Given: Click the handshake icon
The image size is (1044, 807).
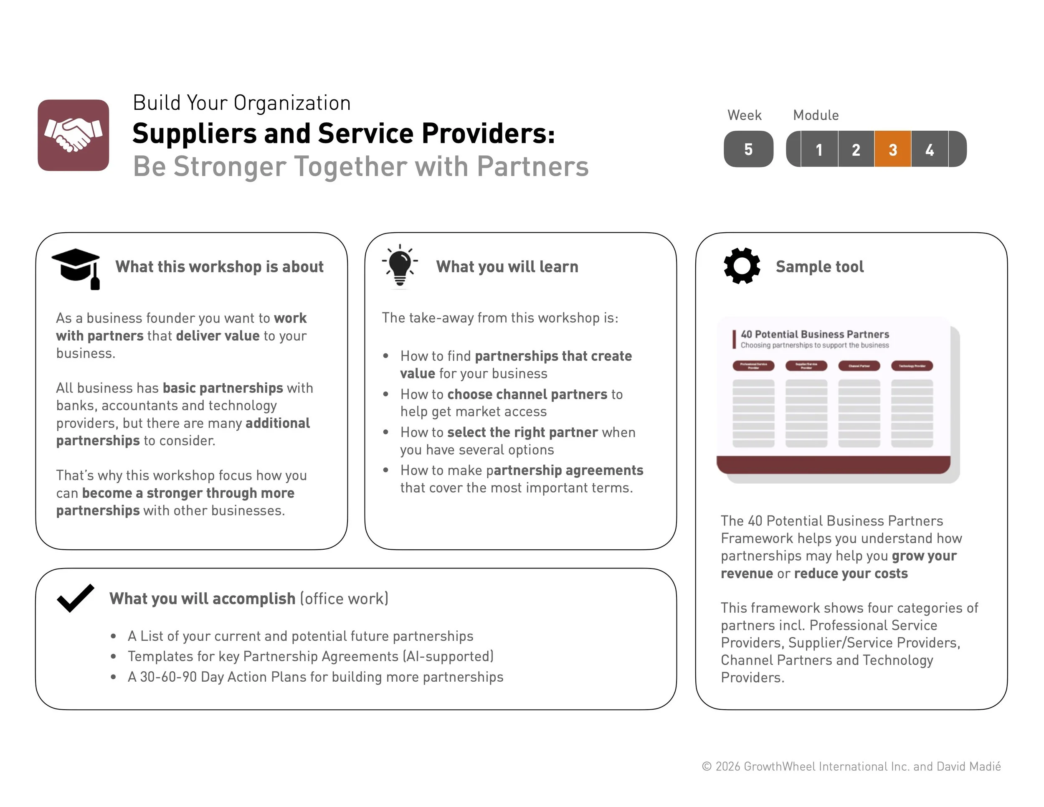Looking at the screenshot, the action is tap(73, 135).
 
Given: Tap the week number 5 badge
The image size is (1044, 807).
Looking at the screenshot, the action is tap(748, 149).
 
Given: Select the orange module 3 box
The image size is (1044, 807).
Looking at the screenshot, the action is tap(892, 149).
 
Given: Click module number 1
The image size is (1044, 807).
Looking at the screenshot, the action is tap(819, 149).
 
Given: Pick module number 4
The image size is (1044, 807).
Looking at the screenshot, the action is tap(929, 149).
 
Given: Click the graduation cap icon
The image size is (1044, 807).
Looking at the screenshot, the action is tap(76, 268).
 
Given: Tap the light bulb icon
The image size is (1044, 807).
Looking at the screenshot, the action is tap(400, 266).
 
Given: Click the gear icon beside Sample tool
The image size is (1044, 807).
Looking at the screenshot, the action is tap(741, 266).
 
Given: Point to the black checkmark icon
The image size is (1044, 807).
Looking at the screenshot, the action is tap(75, 598).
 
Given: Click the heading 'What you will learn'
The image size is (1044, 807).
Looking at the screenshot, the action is tap(507, 267).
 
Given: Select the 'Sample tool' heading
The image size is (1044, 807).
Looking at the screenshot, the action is tap(819, 267).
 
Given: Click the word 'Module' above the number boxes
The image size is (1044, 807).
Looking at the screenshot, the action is tap(816, 115).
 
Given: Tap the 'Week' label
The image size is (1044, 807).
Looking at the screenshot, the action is tap(744, 115).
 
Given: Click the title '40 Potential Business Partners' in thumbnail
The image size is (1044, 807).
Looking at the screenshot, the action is tap(815, 334).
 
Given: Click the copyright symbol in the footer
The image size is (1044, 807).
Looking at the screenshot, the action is tap(707, 767).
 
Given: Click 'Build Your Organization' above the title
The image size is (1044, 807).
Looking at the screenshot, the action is tap(241, 103).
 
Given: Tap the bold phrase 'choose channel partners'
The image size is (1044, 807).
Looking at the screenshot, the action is tap(527, 394).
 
